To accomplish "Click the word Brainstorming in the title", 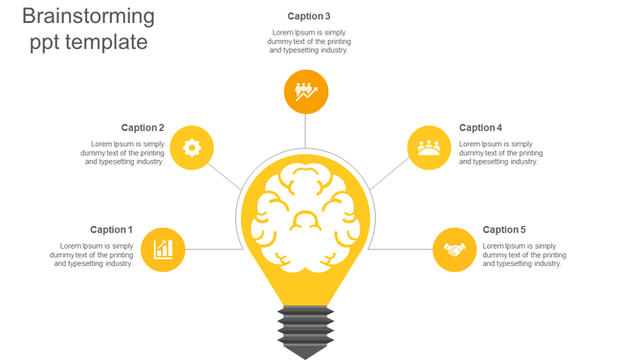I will click(x=88, y=16).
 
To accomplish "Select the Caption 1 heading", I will click(x=112, y=230).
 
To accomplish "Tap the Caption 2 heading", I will click(x=143, y=127).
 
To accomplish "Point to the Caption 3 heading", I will click(x=309, y=16).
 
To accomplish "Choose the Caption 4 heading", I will click(x=480, y=127).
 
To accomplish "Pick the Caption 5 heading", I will click(x=504, y=230).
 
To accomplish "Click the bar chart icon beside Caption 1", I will click(x=163, y=250).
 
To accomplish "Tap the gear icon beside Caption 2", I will click(x=191, y=147).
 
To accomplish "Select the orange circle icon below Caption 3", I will click(x=306, y=92).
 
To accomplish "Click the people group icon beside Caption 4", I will click(x=429, y=147).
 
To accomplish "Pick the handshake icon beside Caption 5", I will click(x=454, y=250).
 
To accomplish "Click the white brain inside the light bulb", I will click(x=305, y=216).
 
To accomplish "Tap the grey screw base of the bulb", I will click(x=305, y=326).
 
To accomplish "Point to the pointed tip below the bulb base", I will click(x=305, y=352).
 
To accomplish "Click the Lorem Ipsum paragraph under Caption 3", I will click(x=309, y=41).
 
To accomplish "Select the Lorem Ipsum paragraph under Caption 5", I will click(x=524, y=255).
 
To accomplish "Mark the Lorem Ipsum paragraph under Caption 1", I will click(x=92, y=255).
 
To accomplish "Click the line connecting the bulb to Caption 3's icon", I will click(x=305, y=131).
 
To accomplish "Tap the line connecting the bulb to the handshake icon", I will click(x=400, y=250).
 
